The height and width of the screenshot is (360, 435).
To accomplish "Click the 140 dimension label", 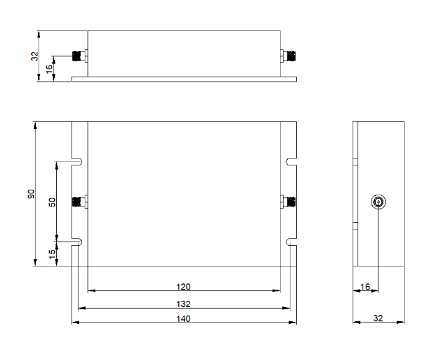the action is (183, 318).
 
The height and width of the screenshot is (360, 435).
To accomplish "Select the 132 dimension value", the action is (183, 304).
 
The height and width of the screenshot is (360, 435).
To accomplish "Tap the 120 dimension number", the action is (183, 286).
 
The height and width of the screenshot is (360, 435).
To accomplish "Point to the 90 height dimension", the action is (31, 194).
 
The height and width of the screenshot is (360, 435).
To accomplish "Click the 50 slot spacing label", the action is (52, 202).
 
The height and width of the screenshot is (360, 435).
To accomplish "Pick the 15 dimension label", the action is (52, 254).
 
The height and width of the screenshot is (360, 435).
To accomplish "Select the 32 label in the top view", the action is (34, 56).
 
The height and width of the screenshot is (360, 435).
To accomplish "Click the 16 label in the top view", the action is (49, 69).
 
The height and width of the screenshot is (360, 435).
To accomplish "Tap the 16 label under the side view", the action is (365, 286).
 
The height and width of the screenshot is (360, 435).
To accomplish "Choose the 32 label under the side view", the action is (378, 318).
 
